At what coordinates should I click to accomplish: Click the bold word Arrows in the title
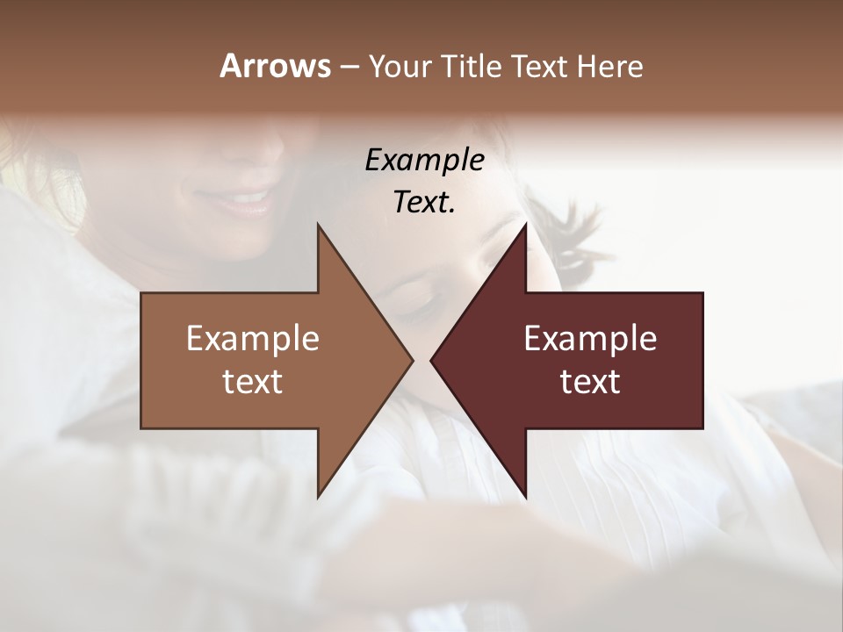pyautogui.click(x=275, y=66)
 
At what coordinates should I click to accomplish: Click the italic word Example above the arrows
pyautogui.click(x=424, y=160)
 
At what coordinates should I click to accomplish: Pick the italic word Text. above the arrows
pyautogui.click(x=424, y=202)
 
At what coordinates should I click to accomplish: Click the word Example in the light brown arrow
pyautogui.click(x=253, y=338)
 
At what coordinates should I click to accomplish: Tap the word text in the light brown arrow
pyautogui.click(x=253, y=382)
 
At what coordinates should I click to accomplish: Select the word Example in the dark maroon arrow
pyautogui.click(x=590, y=338)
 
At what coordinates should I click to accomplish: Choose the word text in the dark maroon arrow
pyautogui.click(x=590, y=382)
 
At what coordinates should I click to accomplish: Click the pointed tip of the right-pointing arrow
pyautogui.click(x=413, y=360)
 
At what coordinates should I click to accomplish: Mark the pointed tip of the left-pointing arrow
pyautogui.click(x=431, y=360)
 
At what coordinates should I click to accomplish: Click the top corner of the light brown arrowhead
pyautogui.click(x=318, y=225)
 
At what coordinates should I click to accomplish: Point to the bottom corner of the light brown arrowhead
pyautogui.click(x=318, y=497)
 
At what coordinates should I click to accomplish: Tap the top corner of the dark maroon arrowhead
pyautogui.click(x=525, y=225)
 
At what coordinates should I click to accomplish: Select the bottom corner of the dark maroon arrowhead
pyautogui.click(x=525, y=497)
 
